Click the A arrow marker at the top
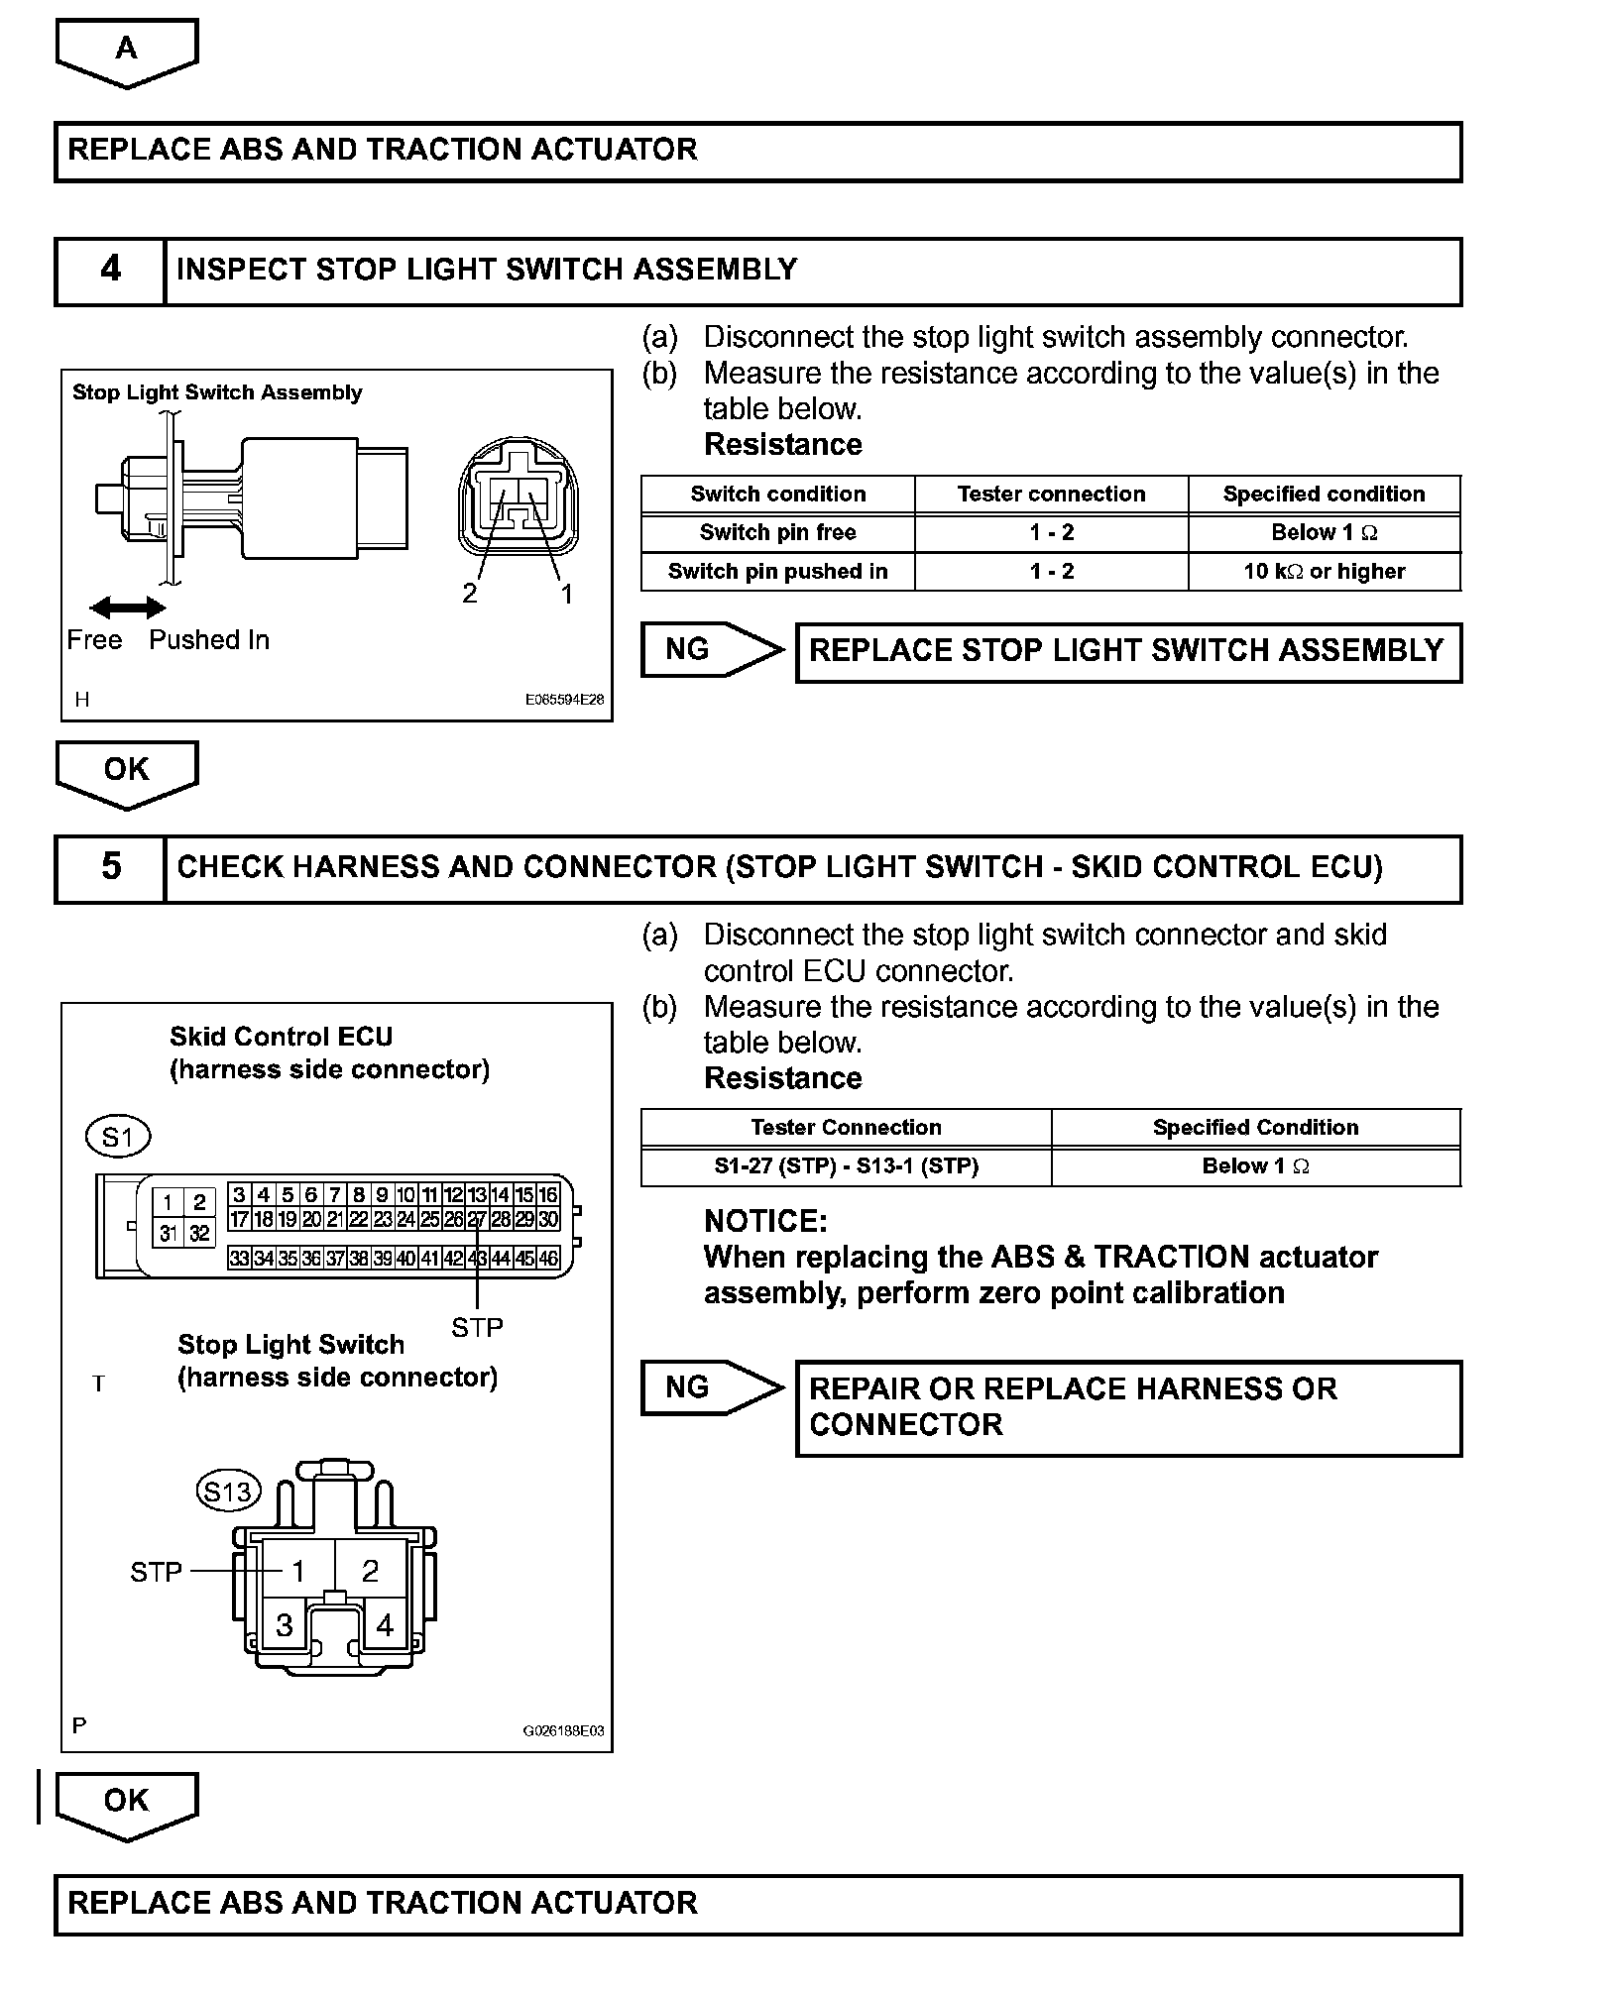127,51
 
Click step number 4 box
110,270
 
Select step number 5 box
110,867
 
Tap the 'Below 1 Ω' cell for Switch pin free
1324,532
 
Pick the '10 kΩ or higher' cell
1324,571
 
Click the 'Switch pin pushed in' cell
777,571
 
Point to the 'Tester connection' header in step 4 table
1051,494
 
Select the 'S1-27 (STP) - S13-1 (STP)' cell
846,1165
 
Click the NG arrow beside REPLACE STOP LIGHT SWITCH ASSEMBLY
710,650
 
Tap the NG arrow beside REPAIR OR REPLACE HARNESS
710,1386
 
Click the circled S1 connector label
118,1137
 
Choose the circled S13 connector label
228,1491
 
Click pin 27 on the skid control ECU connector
476,1219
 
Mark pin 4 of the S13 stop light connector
385,1624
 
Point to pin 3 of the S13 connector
285,1624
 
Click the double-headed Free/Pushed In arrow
127,608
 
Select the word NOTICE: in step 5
764,1221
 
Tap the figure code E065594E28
564,699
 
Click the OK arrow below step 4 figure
127,772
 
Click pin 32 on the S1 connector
199,1234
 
